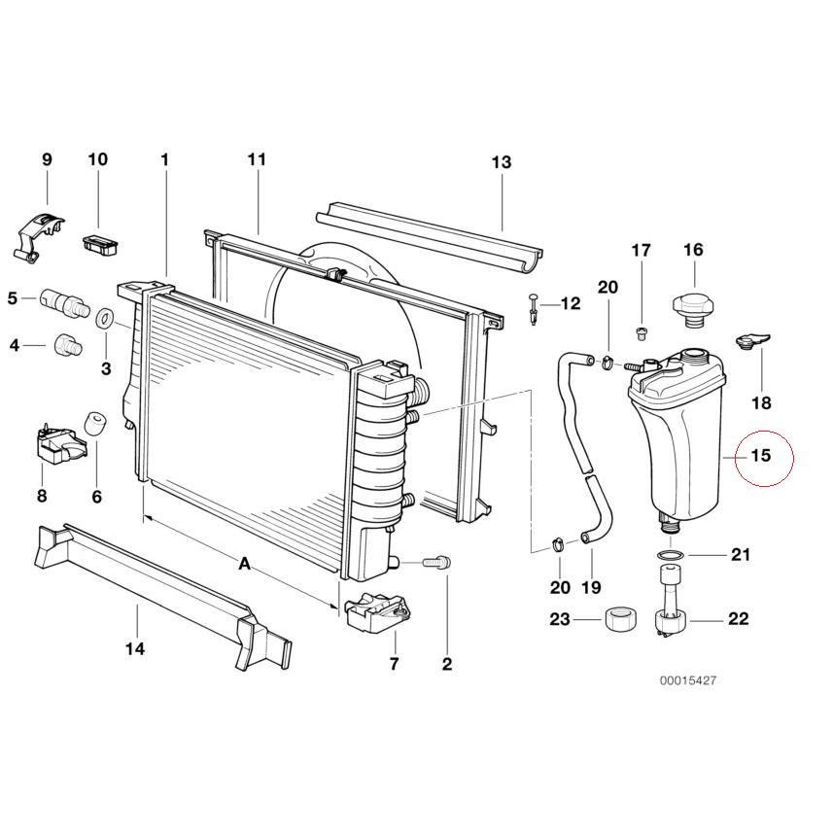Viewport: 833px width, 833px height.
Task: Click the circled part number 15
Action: [x=760, y=456]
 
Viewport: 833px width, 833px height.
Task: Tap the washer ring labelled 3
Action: [x=106, y=318]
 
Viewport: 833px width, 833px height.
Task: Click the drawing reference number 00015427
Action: [x=688, y=680]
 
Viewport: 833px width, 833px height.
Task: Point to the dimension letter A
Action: [x=244, y=563]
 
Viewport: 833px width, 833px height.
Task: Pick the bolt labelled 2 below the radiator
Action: [x=436, y=562]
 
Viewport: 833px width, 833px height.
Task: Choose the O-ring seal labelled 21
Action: [x=670, y=555]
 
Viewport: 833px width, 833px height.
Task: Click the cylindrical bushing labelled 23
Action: [x=619, y=619]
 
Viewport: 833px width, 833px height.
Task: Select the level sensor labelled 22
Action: [x=671, y=602]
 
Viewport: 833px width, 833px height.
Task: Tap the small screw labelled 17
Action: [x=642, y=333]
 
